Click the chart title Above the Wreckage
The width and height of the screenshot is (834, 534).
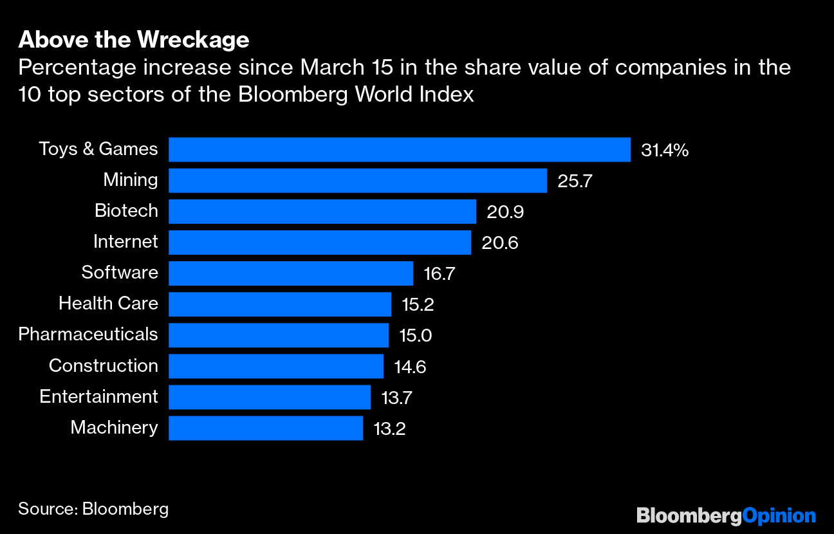[133, 40]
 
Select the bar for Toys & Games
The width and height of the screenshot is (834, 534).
[399, 149]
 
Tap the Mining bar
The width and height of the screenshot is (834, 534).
[357, 180]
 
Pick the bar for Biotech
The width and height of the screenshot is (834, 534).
[322, 211]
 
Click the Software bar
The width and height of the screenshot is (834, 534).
[290, 273]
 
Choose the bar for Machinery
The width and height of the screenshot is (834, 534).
[265, 428]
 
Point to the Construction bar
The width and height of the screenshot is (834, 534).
[275, 366]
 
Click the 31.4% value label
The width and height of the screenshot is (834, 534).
[665, 151]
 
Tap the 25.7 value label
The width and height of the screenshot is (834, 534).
[575, 181]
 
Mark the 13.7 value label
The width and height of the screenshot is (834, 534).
[396, 397]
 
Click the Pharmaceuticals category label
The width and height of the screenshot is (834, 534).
[88, 335]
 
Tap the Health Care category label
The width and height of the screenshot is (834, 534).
[108, 303]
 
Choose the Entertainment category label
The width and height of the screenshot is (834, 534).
[98, 396]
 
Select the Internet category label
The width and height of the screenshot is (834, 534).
[125, 242]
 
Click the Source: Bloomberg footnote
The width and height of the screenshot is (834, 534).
[93, 509]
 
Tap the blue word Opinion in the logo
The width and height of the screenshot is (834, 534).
[779, 515]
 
